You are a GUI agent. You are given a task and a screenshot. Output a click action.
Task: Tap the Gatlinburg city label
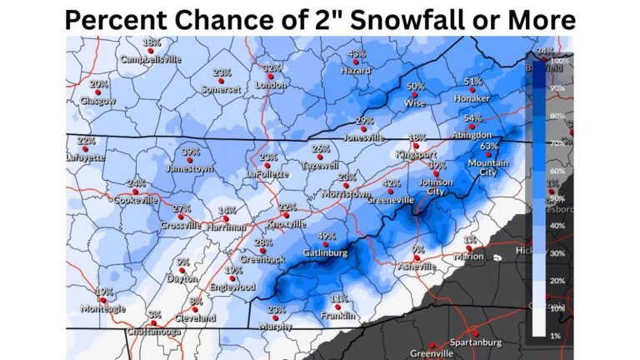tap(326, 252)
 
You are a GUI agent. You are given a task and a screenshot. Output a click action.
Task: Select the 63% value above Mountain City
tap(489, 146)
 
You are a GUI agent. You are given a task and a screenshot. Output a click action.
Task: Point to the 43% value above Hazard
tap(356, 54)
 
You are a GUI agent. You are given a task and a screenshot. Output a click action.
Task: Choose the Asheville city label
tap(417, 267)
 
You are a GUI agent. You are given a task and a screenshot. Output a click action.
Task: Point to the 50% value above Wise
tap(415, 87)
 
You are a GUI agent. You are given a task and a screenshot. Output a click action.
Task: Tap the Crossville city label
tap(181, 226)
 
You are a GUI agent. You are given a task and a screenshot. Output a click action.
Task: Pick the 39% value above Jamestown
tap(190, 152)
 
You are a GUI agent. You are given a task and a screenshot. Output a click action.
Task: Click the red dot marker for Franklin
tap(338, 306)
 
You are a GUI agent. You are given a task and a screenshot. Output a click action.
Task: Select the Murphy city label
tap(275, 327)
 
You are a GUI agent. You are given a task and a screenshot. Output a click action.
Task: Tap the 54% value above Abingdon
tap(472, 118)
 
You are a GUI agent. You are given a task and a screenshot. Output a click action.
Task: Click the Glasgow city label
tap(97, 101)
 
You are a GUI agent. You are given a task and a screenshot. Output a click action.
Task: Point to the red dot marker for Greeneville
tap(390, 191)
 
